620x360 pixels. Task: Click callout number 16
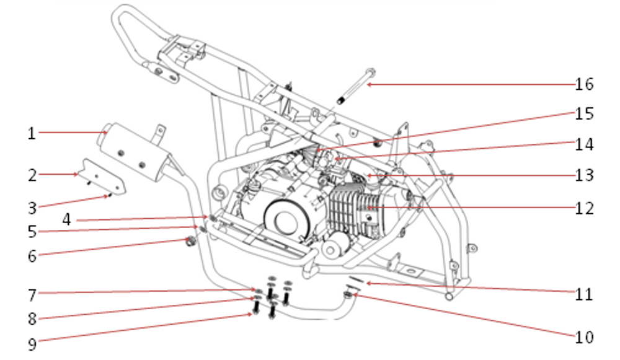585,84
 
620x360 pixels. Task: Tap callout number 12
585,208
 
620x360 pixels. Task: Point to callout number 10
585,337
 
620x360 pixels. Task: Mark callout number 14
585,144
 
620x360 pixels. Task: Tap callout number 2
32,175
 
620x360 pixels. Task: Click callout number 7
32,295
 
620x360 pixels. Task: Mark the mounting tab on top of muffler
159,132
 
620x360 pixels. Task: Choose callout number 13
585,175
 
